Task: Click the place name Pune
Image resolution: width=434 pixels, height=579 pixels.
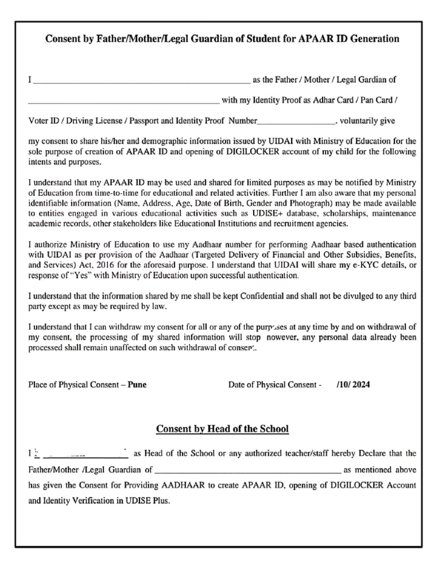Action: point(137,384)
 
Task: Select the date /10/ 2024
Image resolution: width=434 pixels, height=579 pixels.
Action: point(353,384)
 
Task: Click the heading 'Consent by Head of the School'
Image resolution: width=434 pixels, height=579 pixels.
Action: point(222,429)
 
